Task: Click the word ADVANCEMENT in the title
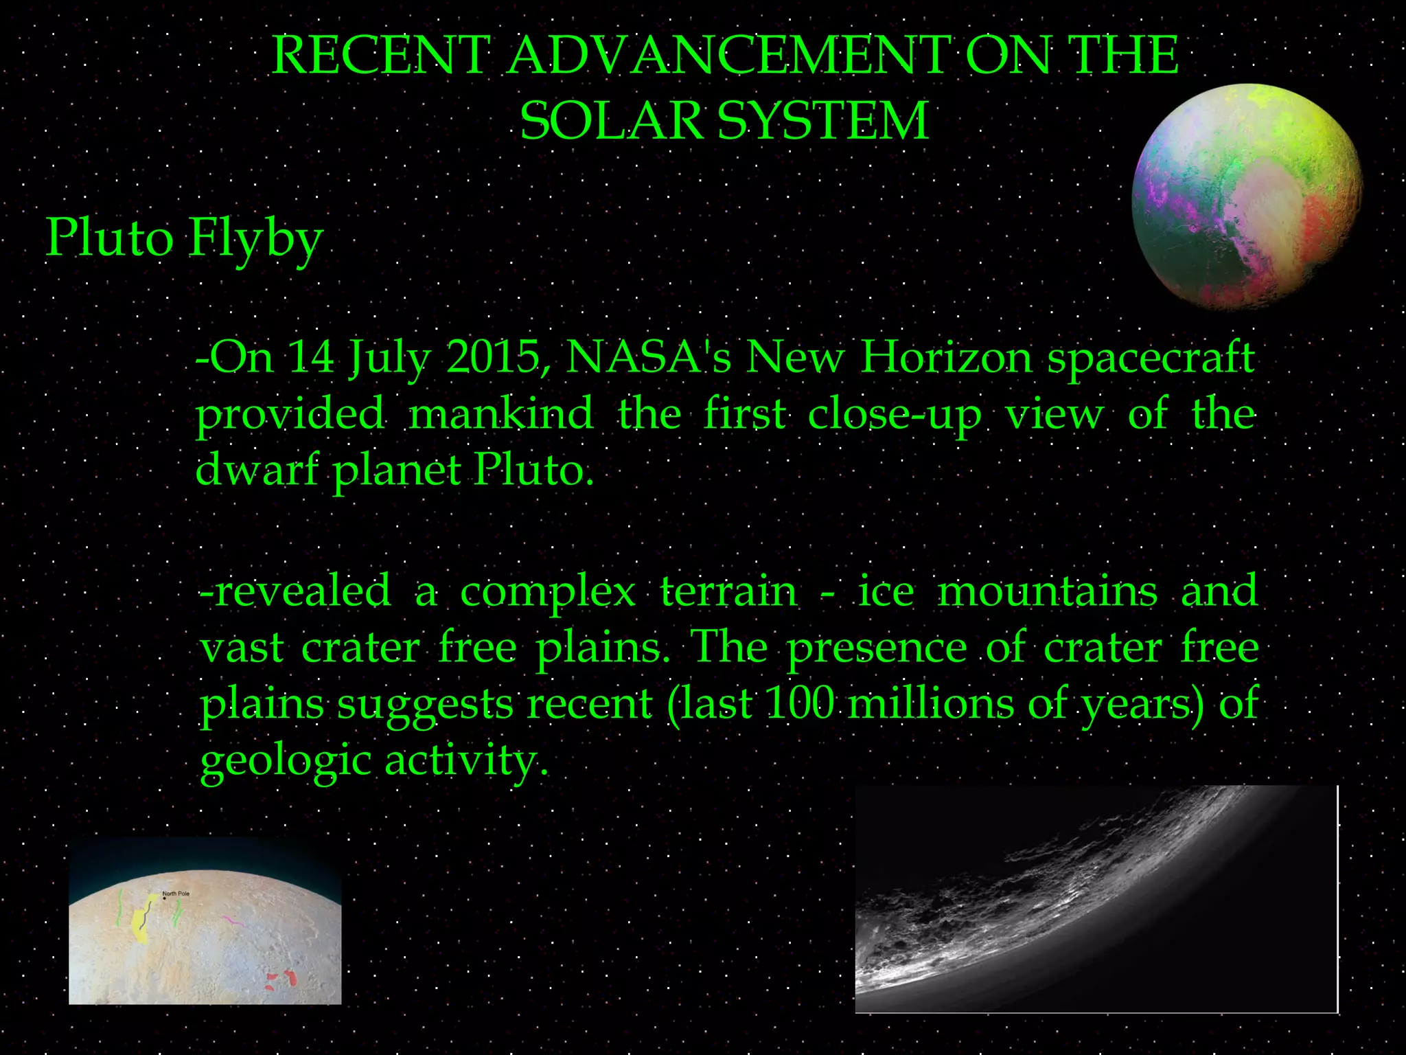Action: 728,55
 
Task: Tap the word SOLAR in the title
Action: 610,121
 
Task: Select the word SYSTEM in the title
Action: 823,121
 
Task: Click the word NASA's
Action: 649,357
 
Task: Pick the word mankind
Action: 500,413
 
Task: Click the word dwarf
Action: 257,470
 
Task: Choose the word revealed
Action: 295,591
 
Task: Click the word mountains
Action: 1048,591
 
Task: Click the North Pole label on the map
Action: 176,894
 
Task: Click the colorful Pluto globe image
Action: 1246,196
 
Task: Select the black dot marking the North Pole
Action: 165,898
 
